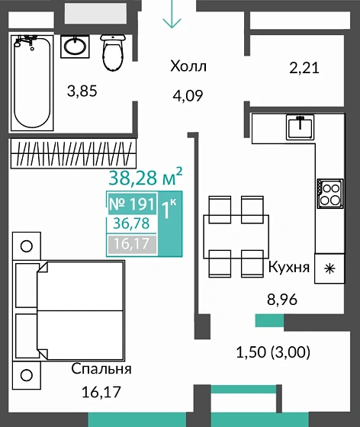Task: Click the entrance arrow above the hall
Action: click(172, 16)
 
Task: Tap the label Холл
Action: click(188, 66)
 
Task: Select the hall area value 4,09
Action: click(188, 97)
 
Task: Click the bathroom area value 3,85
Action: click(82, 91)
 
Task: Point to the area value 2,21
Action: click(304, 68)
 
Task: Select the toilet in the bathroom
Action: click(113, 49)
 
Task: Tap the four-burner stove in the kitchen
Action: click(330, 193)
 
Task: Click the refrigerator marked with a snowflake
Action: click(329, 268)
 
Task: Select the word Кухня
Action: click(288, 268)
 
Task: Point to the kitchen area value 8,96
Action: click(282, 299)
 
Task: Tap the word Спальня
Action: click(101, 369)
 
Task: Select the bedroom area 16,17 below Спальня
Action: click(101, 394)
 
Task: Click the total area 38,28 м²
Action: click(143, 179)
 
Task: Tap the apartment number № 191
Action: click(131, 204)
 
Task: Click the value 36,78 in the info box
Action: click(131, 225)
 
